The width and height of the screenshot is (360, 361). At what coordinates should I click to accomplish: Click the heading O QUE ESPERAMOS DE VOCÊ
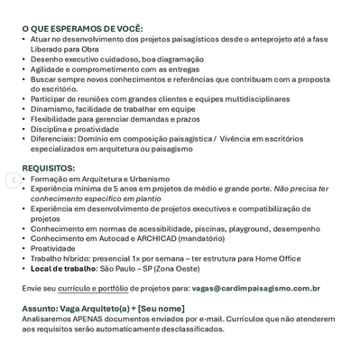pos(82,29)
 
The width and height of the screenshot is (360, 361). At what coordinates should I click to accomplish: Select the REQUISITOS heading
pos(48,168)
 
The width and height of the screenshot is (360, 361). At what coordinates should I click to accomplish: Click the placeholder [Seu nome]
pos(162,309)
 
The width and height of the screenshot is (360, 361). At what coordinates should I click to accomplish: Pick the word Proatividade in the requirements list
pos(53,248)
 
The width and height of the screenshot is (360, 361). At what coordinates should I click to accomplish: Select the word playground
pos(237,228)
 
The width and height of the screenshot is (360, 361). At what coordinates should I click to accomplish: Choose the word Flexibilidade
pos(56,119)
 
